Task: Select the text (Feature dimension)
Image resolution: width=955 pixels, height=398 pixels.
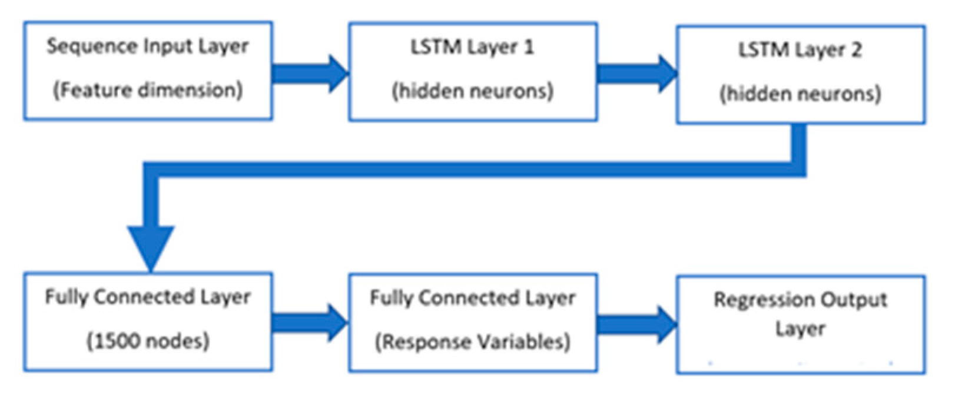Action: [148, 91]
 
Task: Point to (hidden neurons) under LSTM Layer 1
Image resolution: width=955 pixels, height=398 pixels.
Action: [473, 91]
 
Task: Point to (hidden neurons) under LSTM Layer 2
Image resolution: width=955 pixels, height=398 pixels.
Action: [800, 94]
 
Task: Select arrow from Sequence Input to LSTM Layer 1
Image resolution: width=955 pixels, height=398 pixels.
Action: [310, 74]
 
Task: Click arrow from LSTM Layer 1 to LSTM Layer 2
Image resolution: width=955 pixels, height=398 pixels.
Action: [636, 74]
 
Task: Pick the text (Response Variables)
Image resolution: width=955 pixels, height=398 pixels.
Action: [473, 342]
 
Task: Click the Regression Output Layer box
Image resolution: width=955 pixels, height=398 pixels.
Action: [800, 324]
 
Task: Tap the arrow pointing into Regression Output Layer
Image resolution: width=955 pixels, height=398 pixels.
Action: [636, 324]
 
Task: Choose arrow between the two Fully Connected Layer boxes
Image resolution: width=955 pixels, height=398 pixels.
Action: [310, 323]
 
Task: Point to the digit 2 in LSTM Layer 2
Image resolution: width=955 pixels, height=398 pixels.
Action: [855, 50]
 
